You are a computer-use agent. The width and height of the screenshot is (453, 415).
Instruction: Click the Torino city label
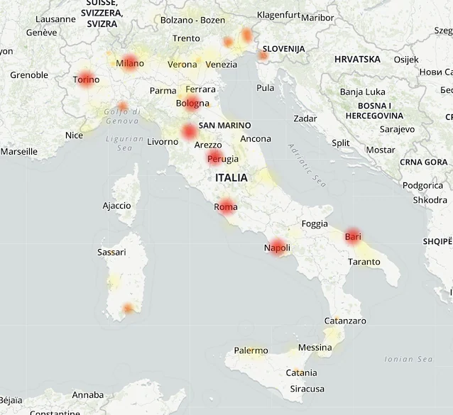click(86, 79)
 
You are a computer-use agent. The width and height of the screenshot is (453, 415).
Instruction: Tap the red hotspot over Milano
click(130, 62)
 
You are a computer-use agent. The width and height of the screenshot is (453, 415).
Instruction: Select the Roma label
click(225, 206)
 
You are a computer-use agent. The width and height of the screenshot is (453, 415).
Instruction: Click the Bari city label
click(353, 236)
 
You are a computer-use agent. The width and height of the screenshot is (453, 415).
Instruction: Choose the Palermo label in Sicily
click(251, 350)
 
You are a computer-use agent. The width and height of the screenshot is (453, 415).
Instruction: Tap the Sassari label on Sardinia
click(111, 252)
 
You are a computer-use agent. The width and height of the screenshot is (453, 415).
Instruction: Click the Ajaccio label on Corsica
click(116, 206)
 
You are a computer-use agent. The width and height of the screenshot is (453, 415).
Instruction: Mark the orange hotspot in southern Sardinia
click(128, 308)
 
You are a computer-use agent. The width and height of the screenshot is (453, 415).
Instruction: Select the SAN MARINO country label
click(224, 126)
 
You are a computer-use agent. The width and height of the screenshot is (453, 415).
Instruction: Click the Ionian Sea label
click(408, 359)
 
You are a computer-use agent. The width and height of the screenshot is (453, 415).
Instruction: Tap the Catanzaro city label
click(345, 321)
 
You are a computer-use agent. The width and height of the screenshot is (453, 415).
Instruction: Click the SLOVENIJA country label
click(283, 48)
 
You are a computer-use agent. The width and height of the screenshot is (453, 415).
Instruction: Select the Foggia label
click(315, 223)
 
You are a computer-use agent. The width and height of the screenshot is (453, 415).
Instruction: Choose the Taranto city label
click(365, 262)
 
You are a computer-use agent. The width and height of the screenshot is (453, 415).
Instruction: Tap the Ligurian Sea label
click(119, 143)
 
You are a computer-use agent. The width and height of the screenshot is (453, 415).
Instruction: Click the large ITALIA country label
click(231, 178)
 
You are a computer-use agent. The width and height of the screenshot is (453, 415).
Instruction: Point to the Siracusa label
click(307, 389)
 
